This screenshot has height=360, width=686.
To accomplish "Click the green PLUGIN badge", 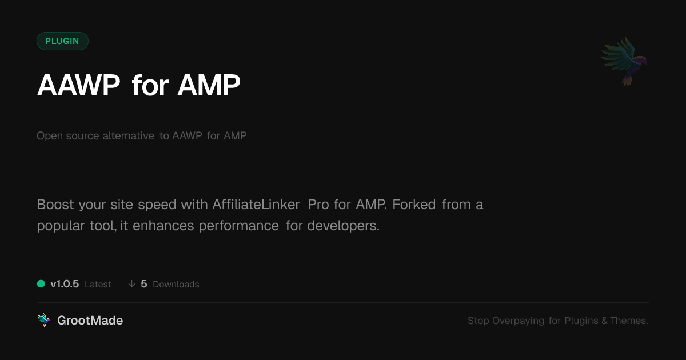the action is (62, 41).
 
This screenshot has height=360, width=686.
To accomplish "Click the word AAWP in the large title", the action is (78, 85).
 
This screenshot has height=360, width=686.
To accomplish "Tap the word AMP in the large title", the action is (209, 85).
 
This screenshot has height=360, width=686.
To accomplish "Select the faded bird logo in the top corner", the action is (624, 62).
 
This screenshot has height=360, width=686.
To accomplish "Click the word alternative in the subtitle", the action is (128, 135).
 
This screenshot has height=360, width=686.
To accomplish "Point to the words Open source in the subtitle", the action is (67, 136).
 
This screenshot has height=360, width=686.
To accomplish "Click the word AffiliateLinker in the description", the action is (256, 205).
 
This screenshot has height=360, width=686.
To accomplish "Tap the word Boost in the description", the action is (55, 205).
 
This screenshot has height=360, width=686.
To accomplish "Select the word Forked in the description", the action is (414, 205).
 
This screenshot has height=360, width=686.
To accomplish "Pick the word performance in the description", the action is (238, 226).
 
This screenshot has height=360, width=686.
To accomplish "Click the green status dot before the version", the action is (41, 284).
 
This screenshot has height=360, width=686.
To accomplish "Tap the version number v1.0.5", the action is (65, 284).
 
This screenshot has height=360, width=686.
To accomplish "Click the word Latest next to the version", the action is (98, 285).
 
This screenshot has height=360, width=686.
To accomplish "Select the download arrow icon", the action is (131, 284).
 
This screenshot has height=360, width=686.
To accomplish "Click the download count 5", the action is (144, 284).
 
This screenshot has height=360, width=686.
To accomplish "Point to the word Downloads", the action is (176, 285).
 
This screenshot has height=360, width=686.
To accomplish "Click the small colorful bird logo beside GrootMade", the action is (43, 320).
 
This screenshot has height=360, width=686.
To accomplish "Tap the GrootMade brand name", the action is (90, 321).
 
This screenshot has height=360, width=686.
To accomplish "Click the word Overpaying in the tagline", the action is (518, 321).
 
